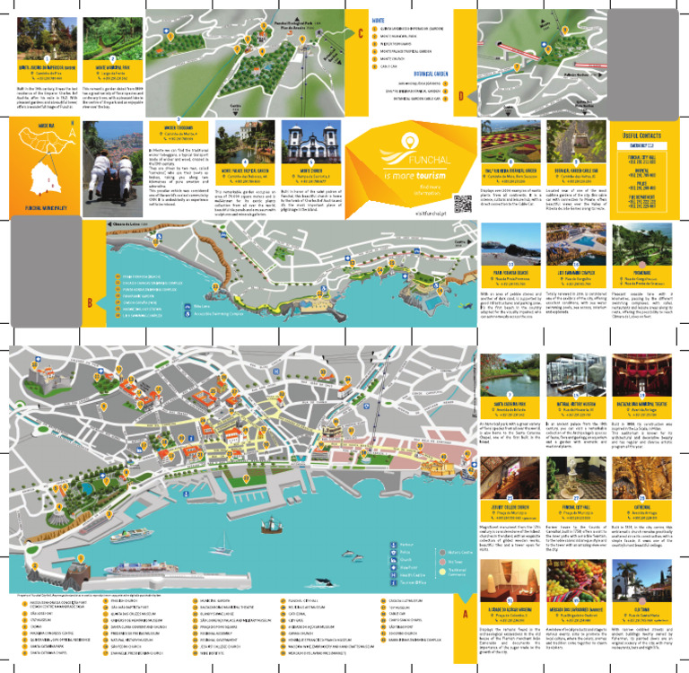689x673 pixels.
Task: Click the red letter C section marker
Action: pyautogui.click(x=361, y=35)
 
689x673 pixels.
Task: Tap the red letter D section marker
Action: pyautogui.click(x=460, y=96)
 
